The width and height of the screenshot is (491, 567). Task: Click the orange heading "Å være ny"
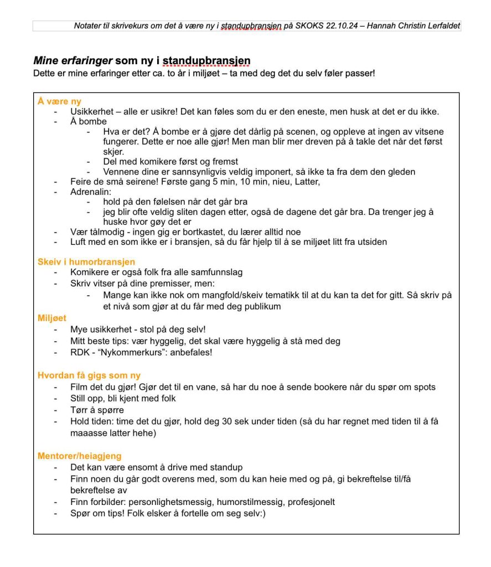[59, 101]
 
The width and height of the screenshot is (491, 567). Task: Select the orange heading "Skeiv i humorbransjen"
[86, 262]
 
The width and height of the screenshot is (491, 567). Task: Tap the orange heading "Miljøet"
[52, 318]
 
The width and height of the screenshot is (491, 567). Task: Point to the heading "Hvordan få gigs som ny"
[89, 376]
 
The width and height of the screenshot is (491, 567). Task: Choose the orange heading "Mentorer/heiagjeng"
[79, 456]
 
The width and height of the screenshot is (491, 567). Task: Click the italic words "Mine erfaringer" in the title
[73, 60]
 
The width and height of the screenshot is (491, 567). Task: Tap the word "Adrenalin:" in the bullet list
[91, 192]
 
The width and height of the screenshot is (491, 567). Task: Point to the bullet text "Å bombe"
[89, 122]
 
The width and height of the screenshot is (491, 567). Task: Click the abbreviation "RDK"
[80, 352]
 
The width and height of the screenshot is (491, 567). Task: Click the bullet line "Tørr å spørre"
[97, 410]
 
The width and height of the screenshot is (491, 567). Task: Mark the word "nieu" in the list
[268, 181]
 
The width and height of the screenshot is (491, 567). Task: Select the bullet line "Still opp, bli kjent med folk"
[123, 399]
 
